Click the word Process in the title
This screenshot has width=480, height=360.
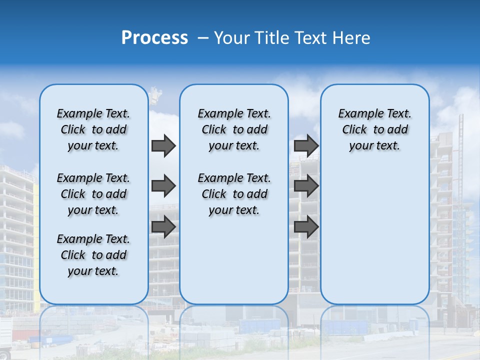pyautogui.click(x=154, y=38)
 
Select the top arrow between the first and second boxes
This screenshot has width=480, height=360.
pyautogui.click(x=163, y=145)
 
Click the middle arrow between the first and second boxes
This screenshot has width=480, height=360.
pyautogui.click(x=163, y=186)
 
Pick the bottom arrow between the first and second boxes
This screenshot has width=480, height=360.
pyautogui.click(x=163, y=227)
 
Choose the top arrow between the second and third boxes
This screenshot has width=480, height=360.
pyautogui.click(x=306, y=145)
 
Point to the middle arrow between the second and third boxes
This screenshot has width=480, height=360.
pyautogui.click(x=306, y=186)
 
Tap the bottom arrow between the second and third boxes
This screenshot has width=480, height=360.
pyautogui.click(x=306, y=227)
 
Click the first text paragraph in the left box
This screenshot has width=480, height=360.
pyautogui.click(x=93, y=129)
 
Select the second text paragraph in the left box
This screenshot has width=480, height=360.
pyautogui.click(x=93, y=194)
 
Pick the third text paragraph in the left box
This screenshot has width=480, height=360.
pyautogui.click(x=93, y=255)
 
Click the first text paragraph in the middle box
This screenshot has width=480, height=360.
pyautogui.click(x=234, y=129)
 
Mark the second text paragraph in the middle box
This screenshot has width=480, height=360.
pyautogui.click(x=234, y=194)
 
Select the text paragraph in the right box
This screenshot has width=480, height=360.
pyautogui.click(x=374, y=129)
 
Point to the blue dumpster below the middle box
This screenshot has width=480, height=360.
pyautogui.click(x=260, y=326)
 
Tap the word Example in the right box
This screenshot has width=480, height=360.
pyautogui.click(x=357, y=113)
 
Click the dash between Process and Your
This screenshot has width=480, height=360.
pyautogui.click(x=203, y=38)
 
